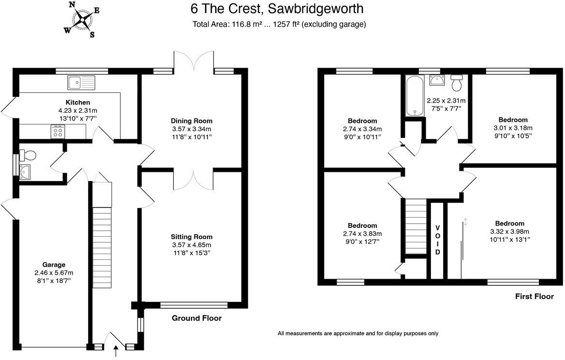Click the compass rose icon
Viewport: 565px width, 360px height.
click(x=83, y=19)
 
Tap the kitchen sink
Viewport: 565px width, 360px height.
click(x=81, y=83)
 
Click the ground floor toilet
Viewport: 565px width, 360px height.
click(x=28, y=155)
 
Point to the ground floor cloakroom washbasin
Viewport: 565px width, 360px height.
click(x=26, y=172)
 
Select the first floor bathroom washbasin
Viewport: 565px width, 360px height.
click(x=437, y=80)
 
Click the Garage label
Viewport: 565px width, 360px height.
click(x=54, y=265)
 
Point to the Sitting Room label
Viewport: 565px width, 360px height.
click(x=192, y=237)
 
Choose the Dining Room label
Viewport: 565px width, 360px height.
click(x=192, y=120)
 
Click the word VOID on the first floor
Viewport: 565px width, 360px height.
click(x=437, y=240)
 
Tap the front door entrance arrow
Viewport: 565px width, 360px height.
click(x=116, y=351)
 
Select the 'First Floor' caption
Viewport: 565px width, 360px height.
click(x=535, y=297)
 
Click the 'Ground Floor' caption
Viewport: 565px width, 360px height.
click(x=197, y=318)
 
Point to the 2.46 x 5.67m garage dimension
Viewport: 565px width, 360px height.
click(x=54, y=273)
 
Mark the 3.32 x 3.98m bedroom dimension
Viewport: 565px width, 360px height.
click(x=509, y=231)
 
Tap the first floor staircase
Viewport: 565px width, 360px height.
click(x=416, y=226)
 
